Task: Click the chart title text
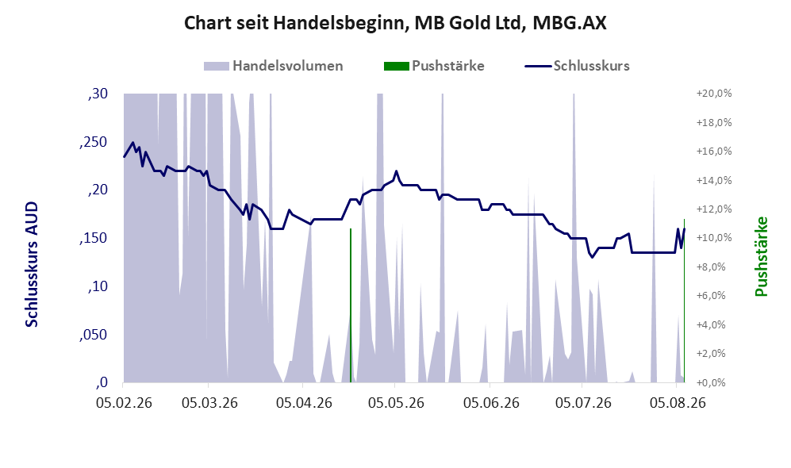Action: coord(395,23)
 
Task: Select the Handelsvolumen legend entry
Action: coord(274,66)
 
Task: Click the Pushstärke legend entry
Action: coord(434,66)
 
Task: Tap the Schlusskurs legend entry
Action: coord(577,66)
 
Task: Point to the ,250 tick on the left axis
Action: coord(94,142)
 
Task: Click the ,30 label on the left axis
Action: coord(98,94)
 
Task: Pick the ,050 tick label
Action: coord(94,335)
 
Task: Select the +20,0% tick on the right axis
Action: coord(714,94)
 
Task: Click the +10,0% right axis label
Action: coord(714,238)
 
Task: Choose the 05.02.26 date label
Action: coord(124,403)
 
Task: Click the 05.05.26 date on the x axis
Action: coord(396,403)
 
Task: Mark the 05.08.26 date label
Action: coord(678,403)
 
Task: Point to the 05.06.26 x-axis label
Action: coord(491,403)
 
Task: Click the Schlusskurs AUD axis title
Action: coord(32,264)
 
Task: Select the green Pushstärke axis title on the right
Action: coord(761,256)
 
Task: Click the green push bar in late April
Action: coord(351,305)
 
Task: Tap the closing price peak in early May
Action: coord(396,171)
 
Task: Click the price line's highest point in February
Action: coord(132,142)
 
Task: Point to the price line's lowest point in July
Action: coord(592,258)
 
